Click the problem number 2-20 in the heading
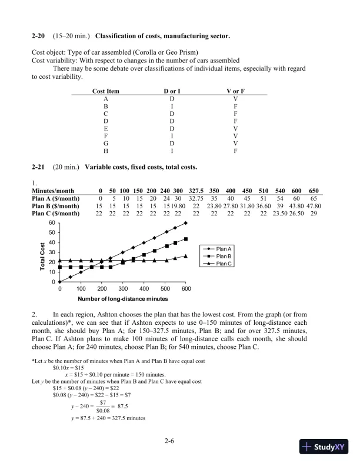click(38, 37)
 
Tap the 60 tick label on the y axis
click(51, 223)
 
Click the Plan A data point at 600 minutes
click(186, 223)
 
